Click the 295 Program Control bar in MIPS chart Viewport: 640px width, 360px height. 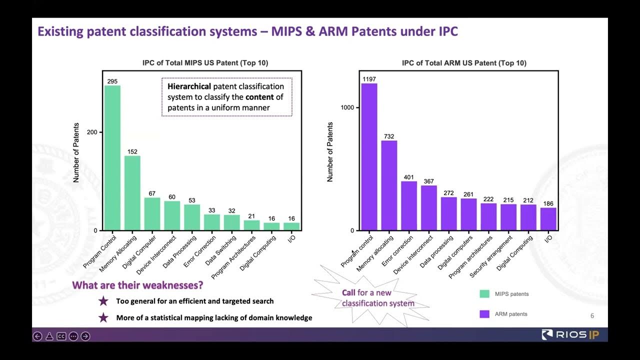(112, 157)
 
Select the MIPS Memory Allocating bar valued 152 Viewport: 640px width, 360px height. (132, 192)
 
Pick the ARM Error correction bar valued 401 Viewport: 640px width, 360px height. (409, 205)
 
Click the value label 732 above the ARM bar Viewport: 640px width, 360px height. (389, 136)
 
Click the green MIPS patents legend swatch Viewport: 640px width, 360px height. (484, 294)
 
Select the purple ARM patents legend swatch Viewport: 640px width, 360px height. (484, 314)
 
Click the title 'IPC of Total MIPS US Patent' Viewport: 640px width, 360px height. (205, 63)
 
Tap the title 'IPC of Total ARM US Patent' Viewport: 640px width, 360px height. (463, 63)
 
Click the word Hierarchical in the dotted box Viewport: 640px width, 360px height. (189, 86)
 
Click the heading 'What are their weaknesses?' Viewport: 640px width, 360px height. (137, 285)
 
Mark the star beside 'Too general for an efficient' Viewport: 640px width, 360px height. (103, 301)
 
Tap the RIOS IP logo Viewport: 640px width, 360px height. (569, 334)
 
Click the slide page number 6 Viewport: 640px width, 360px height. (592, 315)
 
